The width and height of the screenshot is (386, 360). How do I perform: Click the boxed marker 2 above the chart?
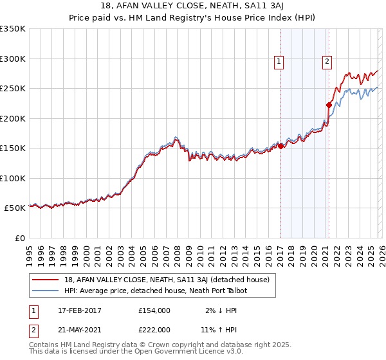click(327, 62)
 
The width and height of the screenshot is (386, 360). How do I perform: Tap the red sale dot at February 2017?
click(280, 146)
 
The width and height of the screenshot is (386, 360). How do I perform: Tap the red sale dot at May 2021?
click(329, 105)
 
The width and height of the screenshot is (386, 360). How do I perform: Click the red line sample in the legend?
click(46, 280)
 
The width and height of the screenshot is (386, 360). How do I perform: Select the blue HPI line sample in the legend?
click(46, 291)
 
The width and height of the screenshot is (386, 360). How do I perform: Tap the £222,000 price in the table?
click(154, 330)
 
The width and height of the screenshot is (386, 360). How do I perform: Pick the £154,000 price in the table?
click(154, 310)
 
